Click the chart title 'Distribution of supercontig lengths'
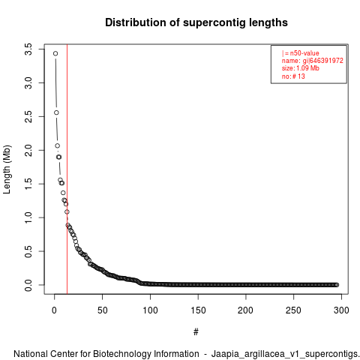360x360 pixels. pos(196,22)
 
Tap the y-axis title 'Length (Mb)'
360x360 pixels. pos(7,169)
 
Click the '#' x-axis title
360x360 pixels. pos(196,331)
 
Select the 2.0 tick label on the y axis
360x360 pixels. pos(28,150)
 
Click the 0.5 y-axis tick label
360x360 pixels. pos(28,251)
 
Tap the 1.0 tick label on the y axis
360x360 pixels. pos(28,217)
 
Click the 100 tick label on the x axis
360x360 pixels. pos(150,310)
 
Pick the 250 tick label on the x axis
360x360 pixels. pos(294,310)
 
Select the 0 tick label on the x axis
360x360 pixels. pos(54,310)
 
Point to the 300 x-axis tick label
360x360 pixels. pos(341,310)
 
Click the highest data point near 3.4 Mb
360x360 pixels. pos(55,53)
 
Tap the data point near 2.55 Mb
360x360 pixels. pos(56,112)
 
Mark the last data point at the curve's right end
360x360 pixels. pos(337,285)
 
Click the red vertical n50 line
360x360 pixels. pos(67,169)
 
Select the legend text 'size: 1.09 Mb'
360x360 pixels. pos(301,68)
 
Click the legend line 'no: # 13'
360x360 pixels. pos(293,76)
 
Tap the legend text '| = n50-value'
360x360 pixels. pos(301,53)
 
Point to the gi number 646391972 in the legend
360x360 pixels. pos(326,61)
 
